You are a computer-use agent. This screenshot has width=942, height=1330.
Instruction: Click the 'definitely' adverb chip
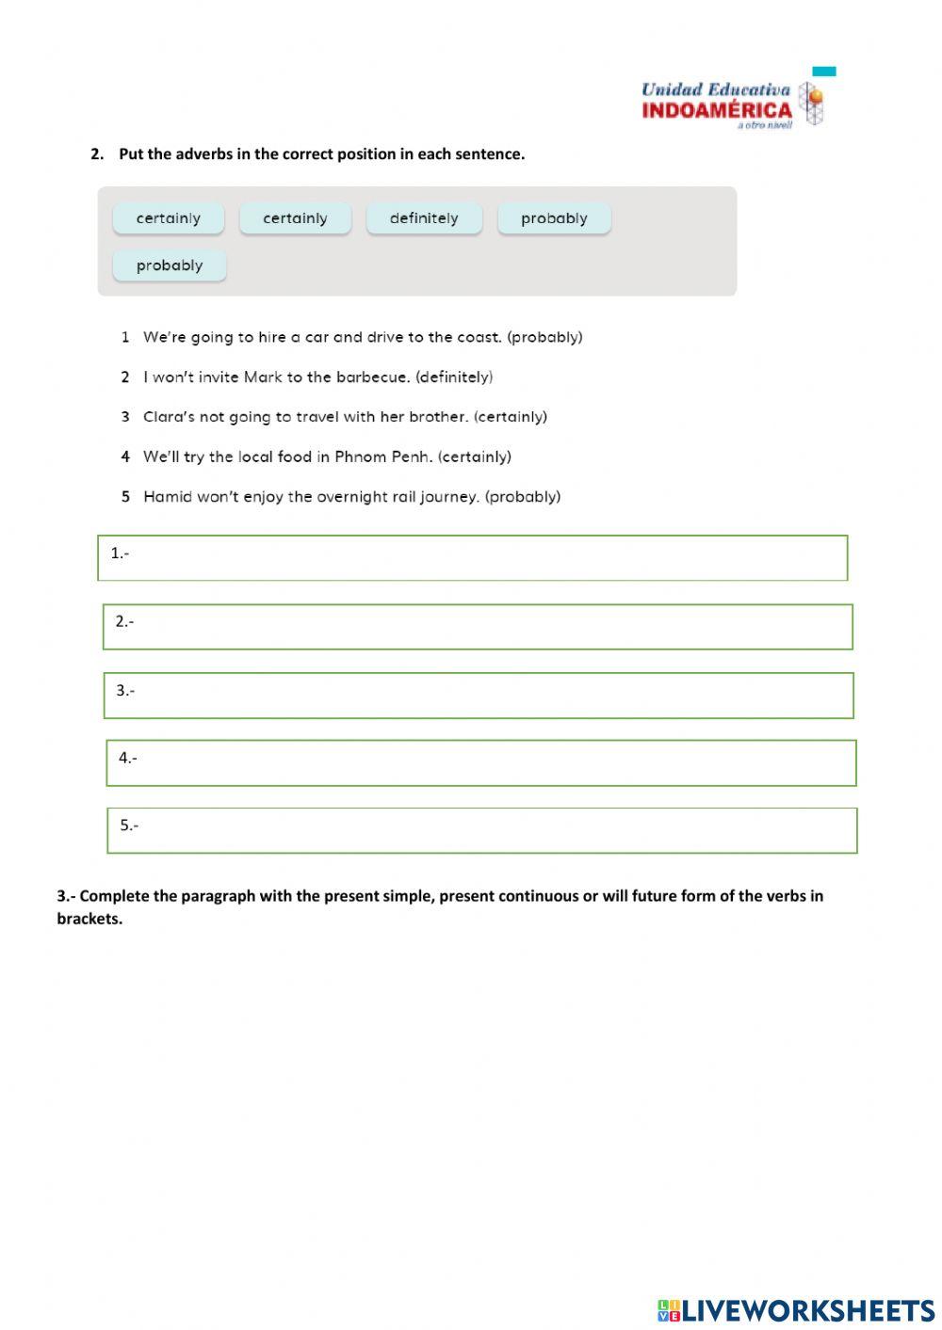coord(424,218)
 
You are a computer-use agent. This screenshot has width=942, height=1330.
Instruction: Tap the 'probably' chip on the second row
coord(170,265)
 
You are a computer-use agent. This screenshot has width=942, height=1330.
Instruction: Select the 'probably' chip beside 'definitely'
coord(554,218)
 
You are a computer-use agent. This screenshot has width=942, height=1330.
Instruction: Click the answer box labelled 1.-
coord(472,558)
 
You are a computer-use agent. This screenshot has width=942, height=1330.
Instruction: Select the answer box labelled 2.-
coord(478,627)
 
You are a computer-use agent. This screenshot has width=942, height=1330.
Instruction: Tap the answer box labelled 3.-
coord(479,696)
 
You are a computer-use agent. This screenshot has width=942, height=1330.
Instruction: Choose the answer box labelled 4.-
coord(481,763)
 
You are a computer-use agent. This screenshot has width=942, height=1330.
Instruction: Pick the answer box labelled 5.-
coord(482,831)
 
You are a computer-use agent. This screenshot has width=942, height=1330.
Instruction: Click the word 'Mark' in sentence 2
coord(263,377)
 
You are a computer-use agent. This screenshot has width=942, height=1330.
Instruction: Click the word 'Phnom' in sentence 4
coord(362,457)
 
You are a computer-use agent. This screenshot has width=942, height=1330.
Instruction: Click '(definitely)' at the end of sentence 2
coord(454,377)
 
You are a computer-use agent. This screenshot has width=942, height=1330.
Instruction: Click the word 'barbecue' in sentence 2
coord(372,377)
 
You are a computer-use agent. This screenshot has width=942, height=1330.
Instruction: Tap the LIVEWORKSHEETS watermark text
coord(807,1310)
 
